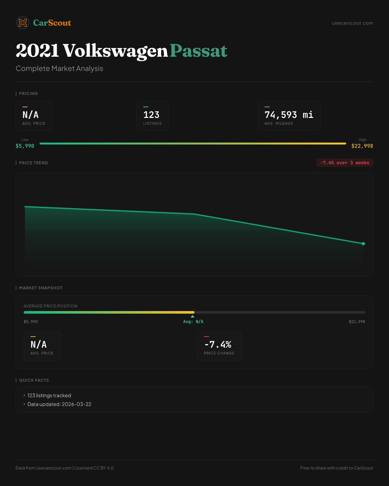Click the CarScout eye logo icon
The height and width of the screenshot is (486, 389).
click(23, 23)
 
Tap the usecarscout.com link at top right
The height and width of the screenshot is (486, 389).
click(352, 23)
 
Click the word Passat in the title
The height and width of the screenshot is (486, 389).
click(198, 51)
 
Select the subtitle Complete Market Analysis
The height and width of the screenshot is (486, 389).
click(59, 68)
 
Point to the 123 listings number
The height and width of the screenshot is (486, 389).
click(151, 115)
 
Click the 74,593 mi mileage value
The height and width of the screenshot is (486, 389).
click(289, 115)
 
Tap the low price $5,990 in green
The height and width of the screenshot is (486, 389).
click(25, 146)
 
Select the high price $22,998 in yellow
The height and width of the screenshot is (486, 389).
click(362, 146)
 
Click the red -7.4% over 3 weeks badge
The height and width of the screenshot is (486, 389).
click(345, 163)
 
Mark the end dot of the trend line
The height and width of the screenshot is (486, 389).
click(363, 244)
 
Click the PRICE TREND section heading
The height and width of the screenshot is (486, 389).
click(33, 163)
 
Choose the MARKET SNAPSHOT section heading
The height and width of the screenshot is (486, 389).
click(41, 288)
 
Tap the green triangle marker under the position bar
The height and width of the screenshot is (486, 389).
click(193, 316)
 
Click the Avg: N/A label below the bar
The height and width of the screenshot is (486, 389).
click(193, 322)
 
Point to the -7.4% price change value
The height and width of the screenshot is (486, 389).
click(218, 344)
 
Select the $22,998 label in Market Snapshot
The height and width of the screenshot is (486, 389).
click(357, 322)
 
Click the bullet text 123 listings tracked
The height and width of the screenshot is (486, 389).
click(49, 396)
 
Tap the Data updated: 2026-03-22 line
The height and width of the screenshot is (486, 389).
click(59, 404)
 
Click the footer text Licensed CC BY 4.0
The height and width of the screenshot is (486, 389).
click(94, 468)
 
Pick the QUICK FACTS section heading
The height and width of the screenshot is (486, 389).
click(34, 380)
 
